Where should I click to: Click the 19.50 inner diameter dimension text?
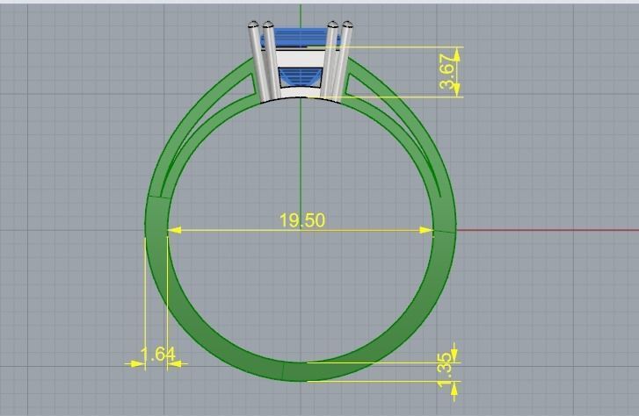pos(301,219)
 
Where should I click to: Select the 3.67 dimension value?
pos(448,72)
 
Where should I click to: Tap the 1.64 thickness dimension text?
pos(158,354)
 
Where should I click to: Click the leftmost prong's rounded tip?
pos(253,25)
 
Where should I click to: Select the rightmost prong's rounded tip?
pos(348,25)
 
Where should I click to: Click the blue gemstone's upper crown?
pos(299,37)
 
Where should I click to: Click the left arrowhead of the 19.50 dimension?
pos(173,230)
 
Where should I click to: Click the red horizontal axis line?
pos(545,231)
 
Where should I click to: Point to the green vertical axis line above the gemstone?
pos(301,14)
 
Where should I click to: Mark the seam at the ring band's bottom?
pos(284,370)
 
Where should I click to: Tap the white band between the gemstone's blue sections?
pos(301,59)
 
